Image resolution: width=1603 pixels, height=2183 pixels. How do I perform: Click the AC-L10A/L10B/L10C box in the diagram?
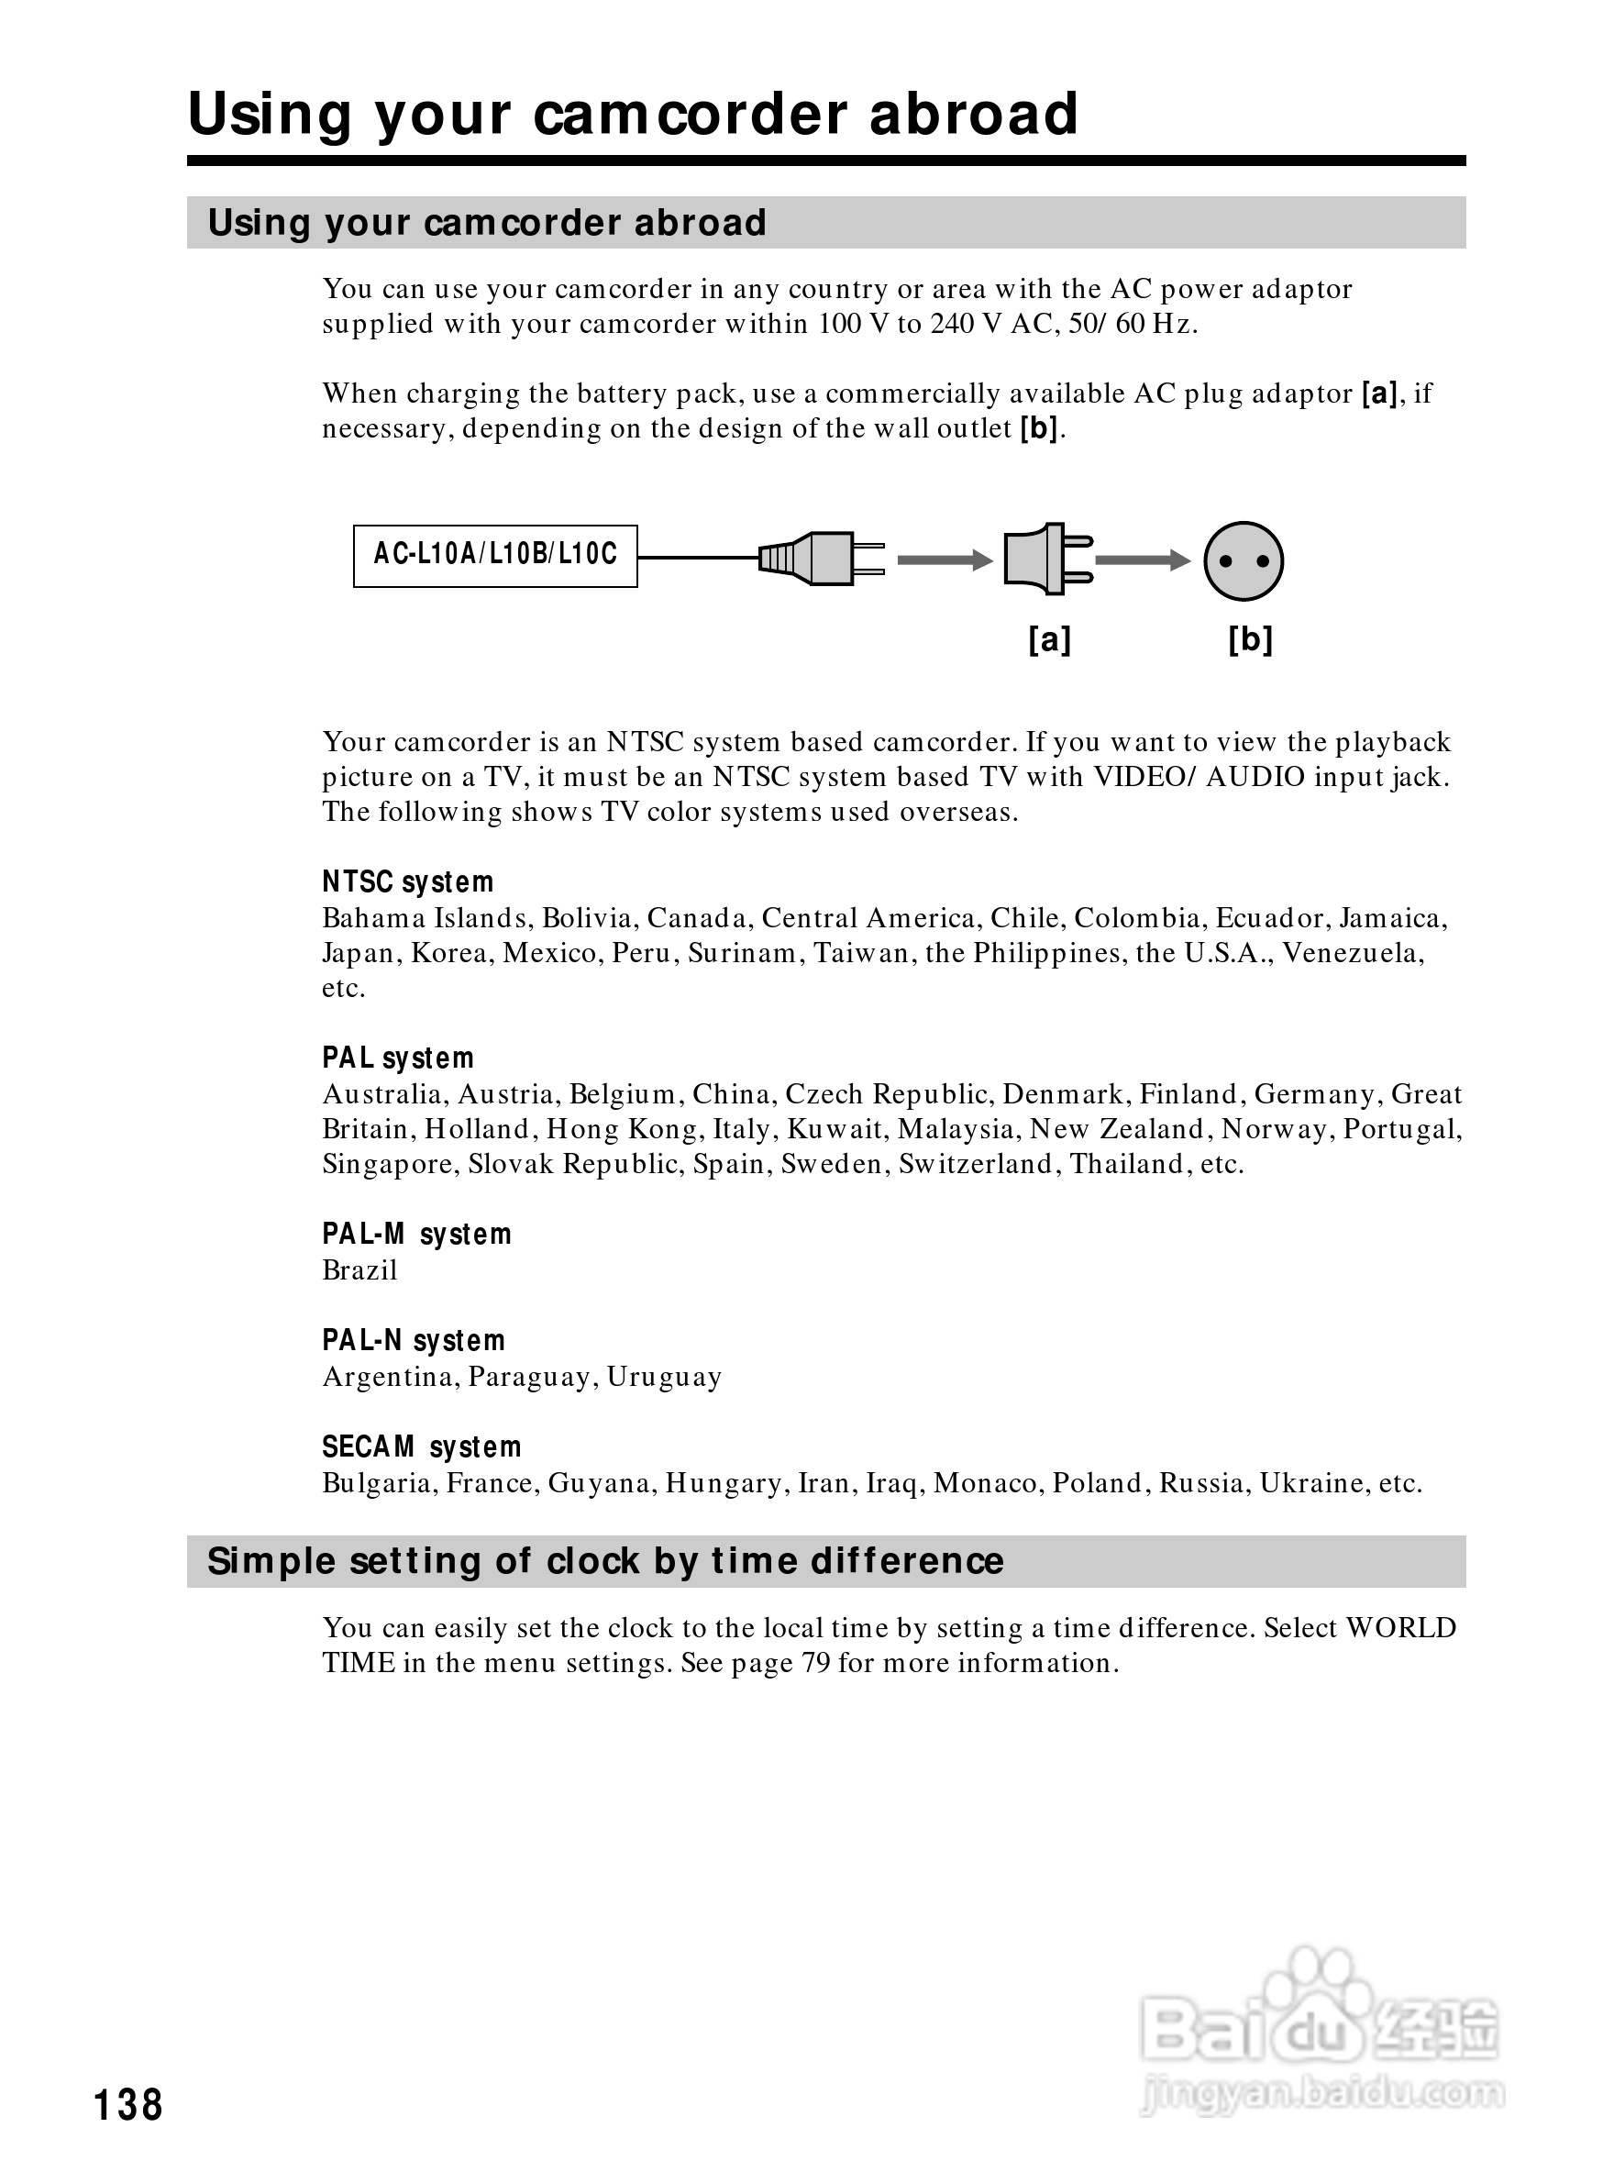pyautogui.click(x=495, y=555)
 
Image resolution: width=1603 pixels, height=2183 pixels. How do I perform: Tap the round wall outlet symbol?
pyautogui.click(x=1243, y=561)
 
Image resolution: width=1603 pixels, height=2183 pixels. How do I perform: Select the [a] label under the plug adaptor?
pyautogui.click(x=1049, y=639)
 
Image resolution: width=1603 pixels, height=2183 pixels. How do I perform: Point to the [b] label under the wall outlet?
pyautogui.click(x=1250, y=639)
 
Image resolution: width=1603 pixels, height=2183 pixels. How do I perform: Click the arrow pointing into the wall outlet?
pyautogui.click(x=1142, y=560)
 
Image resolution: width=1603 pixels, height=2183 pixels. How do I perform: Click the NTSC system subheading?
pyautogui.click(x=407, y=882)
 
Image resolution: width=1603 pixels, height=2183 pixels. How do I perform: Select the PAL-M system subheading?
pyautogui.click(x=416, y=1235)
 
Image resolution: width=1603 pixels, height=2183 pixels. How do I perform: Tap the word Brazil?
pyautogui.click(x=360, y=1270)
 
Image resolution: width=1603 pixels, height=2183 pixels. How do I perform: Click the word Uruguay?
pyautogui.click(x=665, y=1378)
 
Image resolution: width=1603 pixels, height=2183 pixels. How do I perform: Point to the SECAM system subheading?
pyautogui.click(x=421, y=1447)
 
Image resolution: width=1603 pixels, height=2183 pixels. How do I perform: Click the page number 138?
pyautogui.click(x=128, y=2105)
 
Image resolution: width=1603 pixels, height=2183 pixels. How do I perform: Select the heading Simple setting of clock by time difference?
pyautogui.click(x=605, y=1562)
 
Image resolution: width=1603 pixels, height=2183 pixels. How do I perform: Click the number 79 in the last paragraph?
pyautogui.click(x=816, y=1664)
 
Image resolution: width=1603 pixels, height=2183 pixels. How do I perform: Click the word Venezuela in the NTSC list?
pyautogui.click(x=1353, y=953)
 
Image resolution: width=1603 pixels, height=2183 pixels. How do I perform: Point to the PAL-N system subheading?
pyautogui.click(x=414, y=1341)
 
